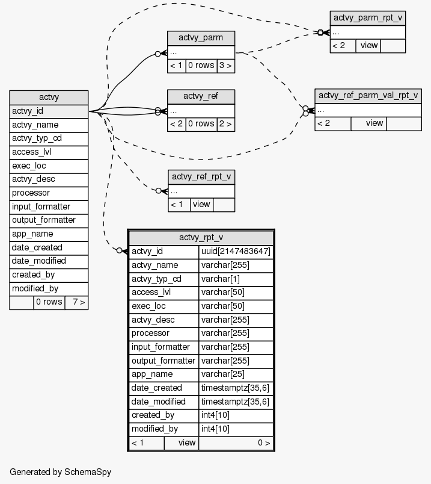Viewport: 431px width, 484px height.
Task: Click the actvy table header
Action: pos(49,98)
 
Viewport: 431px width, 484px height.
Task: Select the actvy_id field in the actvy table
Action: pos(49,111)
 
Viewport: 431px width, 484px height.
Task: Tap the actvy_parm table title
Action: pos(201,38)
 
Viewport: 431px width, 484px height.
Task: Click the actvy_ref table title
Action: pos(201,96)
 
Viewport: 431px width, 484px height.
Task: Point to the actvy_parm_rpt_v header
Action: pos(367,17)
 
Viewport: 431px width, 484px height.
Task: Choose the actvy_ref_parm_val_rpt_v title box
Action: pos(367,96)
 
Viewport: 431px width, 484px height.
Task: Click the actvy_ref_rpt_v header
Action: pos(201,176)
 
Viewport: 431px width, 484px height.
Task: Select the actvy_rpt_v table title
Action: pos(201,238)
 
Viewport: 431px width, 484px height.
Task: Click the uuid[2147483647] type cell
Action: pos(236,252)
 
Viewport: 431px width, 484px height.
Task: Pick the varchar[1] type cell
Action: pos(236,279)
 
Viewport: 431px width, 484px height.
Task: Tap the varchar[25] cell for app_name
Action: pos(236,374)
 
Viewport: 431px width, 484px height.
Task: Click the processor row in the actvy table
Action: pos(49,193)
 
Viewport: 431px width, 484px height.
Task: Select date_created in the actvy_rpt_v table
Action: pos(164,388)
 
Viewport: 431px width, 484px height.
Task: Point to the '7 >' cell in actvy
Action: pos(76,302)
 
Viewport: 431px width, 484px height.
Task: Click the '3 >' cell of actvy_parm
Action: pos(225,66)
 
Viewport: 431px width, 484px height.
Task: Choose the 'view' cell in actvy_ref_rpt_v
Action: pos(201,205)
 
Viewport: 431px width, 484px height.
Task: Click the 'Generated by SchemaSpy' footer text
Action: pos(60,472)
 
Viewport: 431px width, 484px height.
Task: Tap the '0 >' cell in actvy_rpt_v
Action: pos(236,443)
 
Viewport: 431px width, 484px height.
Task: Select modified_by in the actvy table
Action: pos(49,289)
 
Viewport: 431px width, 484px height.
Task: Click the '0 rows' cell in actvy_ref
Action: pos(201,124)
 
